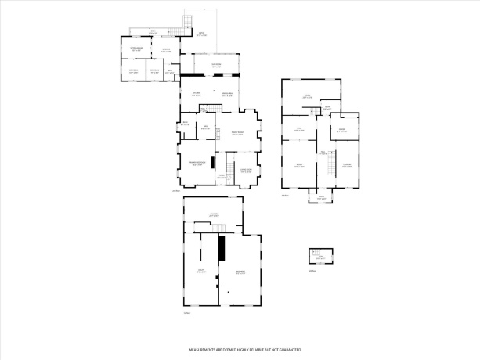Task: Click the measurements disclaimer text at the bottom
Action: [x=244, y=349]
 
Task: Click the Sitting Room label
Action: [x=135, y=49]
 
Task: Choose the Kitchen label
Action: [x=197, y=95]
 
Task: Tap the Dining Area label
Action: [x=226, y=95]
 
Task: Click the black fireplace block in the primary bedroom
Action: [x=214, y=163]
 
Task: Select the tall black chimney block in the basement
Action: [x=222, y=248]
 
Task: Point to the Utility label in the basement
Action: [x=201, y=272]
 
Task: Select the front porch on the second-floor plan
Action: [x=321, y=197]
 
